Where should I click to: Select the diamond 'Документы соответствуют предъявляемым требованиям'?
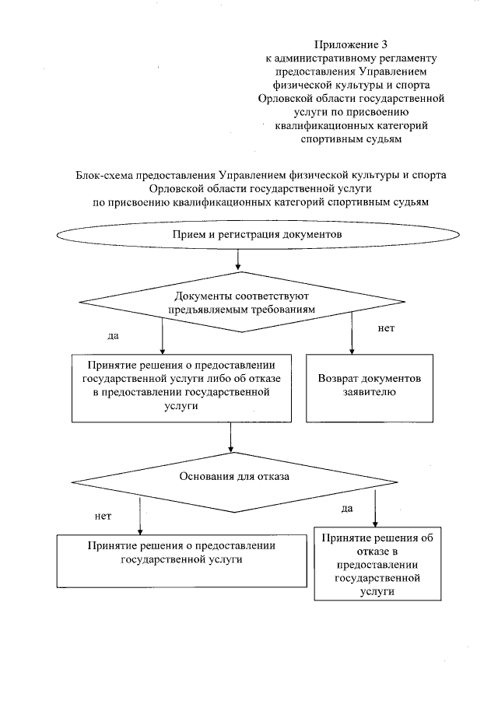pos(244,302)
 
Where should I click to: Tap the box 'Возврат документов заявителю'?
pos(369,386)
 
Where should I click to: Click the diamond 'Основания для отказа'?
pos(234,477)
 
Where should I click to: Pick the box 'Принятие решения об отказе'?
pos(376,564)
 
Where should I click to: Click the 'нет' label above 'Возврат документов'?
pos(386,328)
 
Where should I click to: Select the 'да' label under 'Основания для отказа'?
pos(347,508)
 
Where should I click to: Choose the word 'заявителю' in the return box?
pos(369,392)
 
